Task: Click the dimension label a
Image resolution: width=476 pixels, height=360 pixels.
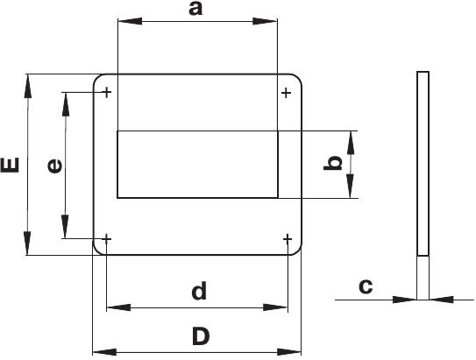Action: (x=195, y=9)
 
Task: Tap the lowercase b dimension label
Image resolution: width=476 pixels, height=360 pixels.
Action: (x=333, y=164)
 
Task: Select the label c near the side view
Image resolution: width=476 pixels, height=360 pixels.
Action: (x=366, y=286)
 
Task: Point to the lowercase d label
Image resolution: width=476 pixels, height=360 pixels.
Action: (x=200, y=291)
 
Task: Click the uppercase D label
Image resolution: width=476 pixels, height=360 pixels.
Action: (x=201, y=336)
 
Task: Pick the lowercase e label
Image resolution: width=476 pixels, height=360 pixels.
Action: (x=55, y=166)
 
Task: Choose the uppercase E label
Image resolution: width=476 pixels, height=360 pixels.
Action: (x=10, y=166)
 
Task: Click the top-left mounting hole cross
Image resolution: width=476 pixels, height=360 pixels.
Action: (x=107, y=92)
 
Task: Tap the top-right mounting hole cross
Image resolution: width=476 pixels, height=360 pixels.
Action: (x=287, y=93)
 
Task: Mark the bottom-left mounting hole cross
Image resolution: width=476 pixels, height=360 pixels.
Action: (x=106, y=240)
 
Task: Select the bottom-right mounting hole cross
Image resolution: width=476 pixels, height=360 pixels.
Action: (x=288, y=240)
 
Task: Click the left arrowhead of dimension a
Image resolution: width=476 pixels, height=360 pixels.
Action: (x=130, y=21)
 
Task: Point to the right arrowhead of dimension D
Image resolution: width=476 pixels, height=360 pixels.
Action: (x=288, y=352)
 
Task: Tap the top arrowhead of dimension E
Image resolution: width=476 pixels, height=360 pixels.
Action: (x=28, y=86)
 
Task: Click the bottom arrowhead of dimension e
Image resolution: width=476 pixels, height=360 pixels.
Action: (x=65, y=227)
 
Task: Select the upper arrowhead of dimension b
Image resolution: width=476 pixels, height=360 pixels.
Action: (x=351, y=143)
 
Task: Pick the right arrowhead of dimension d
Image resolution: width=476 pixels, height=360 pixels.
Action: (x=275, y=307)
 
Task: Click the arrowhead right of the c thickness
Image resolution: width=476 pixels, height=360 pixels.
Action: (x=442, y=300)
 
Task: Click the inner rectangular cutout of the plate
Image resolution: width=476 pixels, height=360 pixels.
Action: (x=197, y=165)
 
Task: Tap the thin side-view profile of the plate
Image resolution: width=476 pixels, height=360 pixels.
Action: (x=423, y=164)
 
